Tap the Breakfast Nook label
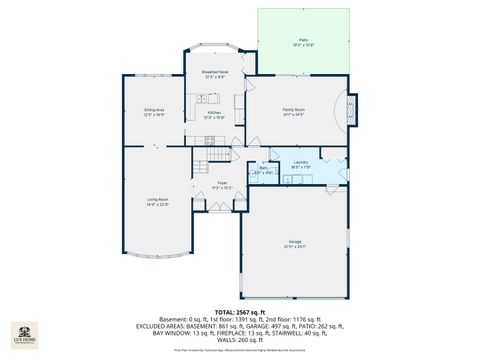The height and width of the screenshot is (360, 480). tap(216, 72)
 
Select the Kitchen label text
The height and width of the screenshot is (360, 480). tap(214, 112)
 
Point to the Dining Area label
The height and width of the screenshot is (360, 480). tap(153, 110)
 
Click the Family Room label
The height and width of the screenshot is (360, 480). tap(294, 109)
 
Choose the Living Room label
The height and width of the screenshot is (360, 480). tap(157, 200)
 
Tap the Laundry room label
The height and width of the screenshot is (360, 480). tap(300, 161)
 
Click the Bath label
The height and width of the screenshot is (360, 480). tap(263, 168)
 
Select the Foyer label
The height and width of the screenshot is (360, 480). tap(223, 182)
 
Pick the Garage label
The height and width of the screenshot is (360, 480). tap(295, 242)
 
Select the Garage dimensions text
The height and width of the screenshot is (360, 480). tap(295, 247)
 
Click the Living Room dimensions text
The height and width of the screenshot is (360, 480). tap(157, 205)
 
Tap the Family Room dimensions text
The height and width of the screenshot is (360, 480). tap(294, 114)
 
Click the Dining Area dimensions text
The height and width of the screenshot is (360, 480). tap(153, 115)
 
